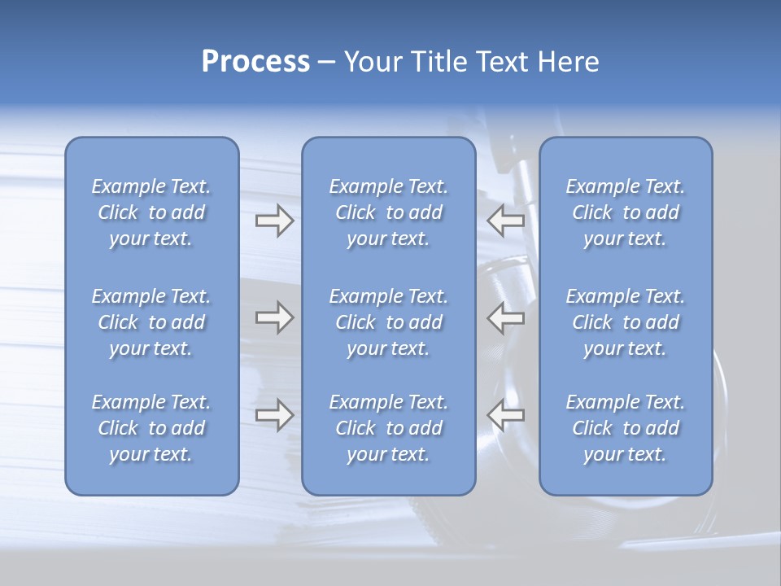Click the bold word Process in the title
tap(255, 62)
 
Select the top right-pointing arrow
tap(274, 221)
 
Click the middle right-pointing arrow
tap(274, 317)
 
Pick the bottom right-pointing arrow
tap(274, 414)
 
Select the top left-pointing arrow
tap(506, 221)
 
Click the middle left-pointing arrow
tap(506, 317)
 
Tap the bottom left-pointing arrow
tap(506, 414)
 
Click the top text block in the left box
tap(151, 212)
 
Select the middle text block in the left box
tap(151, 322)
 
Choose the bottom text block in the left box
tap(151, 428)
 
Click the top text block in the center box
tap(389, 212)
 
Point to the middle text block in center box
tap(389, 322)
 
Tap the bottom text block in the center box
tap(389, 428)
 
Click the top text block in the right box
tap(626, 212)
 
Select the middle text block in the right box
tap(626, 322)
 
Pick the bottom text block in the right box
tap(626, 428)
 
